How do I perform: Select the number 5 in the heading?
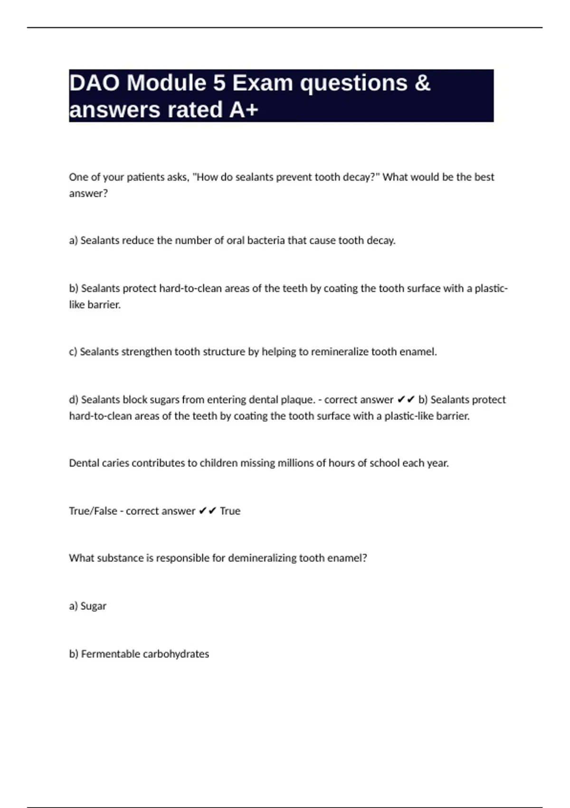coord(219,83)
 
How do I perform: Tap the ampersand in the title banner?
coord(422,83)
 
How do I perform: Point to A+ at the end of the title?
coord(244,110)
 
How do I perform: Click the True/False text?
coord(93,511)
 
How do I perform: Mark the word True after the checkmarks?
coord(230,511)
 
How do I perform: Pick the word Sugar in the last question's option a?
coord(94,606)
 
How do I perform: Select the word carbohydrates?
coord(176,654)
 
